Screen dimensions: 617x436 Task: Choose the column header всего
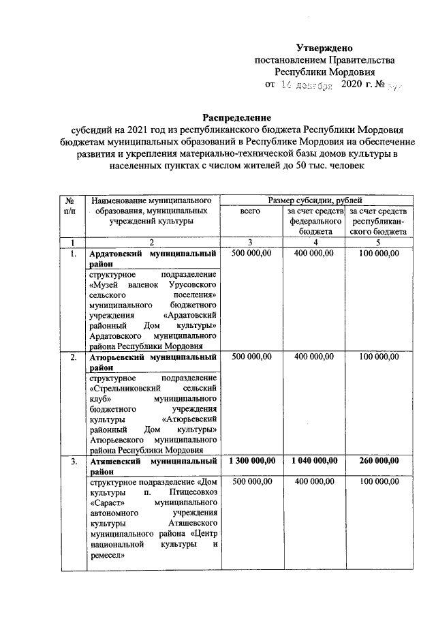(251, 213)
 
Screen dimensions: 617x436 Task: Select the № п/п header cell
(69, 207)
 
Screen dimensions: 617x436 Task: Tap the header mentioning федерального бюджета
(315, 222)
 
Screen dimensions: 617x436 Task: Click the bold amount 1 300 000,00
(251, 462)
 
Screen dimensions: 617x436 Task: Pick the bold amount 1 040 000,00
(315, 462)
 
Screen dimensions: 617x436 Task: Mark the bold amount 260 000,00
(377, 462)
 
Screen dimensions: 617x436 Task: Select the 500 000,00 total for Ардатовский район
(251, 254)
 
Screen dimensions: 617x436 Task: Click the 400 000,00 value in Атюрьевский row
(315, 357)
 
